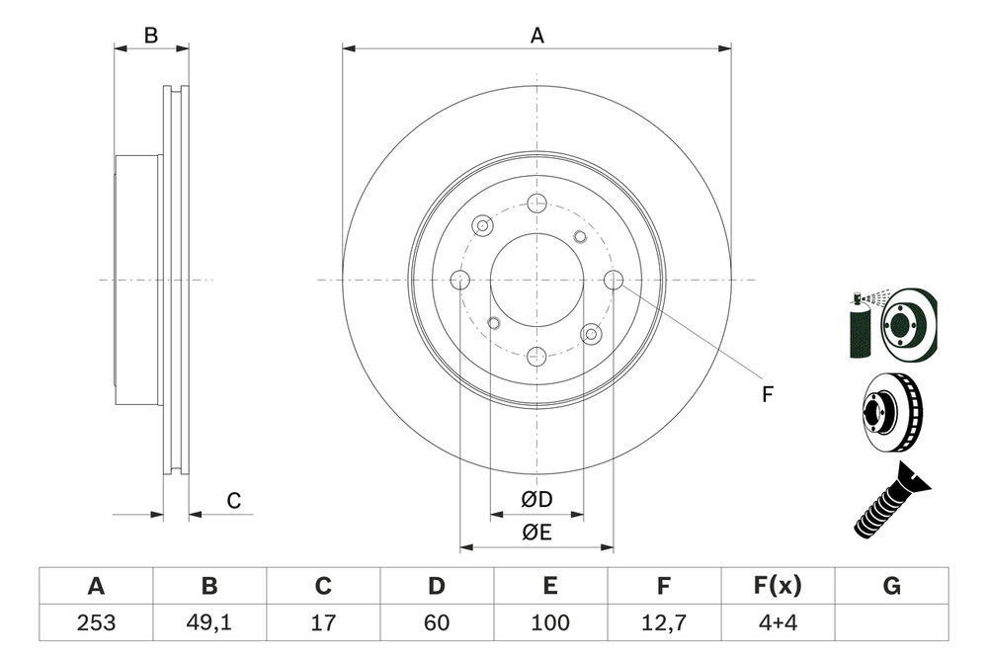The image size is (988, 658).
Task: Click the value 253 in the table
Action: (96, 622)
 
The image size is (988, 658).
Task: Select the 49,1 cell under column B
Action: (209, 622)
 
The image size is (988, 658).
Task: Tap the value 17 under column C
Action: (323, 622)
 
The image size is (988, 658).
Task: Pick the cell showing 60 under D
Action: (437, 622)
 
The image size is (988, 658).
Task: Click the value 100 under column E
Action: (550, 622)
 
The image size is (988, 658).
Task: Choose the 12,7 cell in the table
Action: (664, 622)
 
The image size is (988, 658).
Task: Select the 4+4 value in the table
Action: (778, 622)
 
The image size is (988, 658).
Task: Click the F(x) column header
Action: (778, 586)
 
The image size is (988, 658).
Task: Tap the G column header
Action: (891, 586)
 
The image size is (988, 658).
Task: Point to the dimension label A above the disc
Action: (536, 36)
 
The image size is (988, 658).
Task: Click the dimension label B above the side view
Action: (150, 36)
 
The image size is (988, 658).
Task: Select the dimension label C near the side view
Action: (233, 501)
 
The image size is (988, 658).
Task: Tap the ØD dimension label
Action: (536, 501)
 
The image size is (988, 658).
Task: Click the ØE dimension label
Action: (536, 534)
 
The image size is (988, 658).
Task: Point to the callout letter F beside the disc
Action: (767, 395)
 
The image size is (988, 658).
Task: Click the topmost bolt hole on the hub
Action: (536, 204)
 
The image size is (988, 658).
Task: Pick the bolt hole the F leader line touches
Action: (613, 280)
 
